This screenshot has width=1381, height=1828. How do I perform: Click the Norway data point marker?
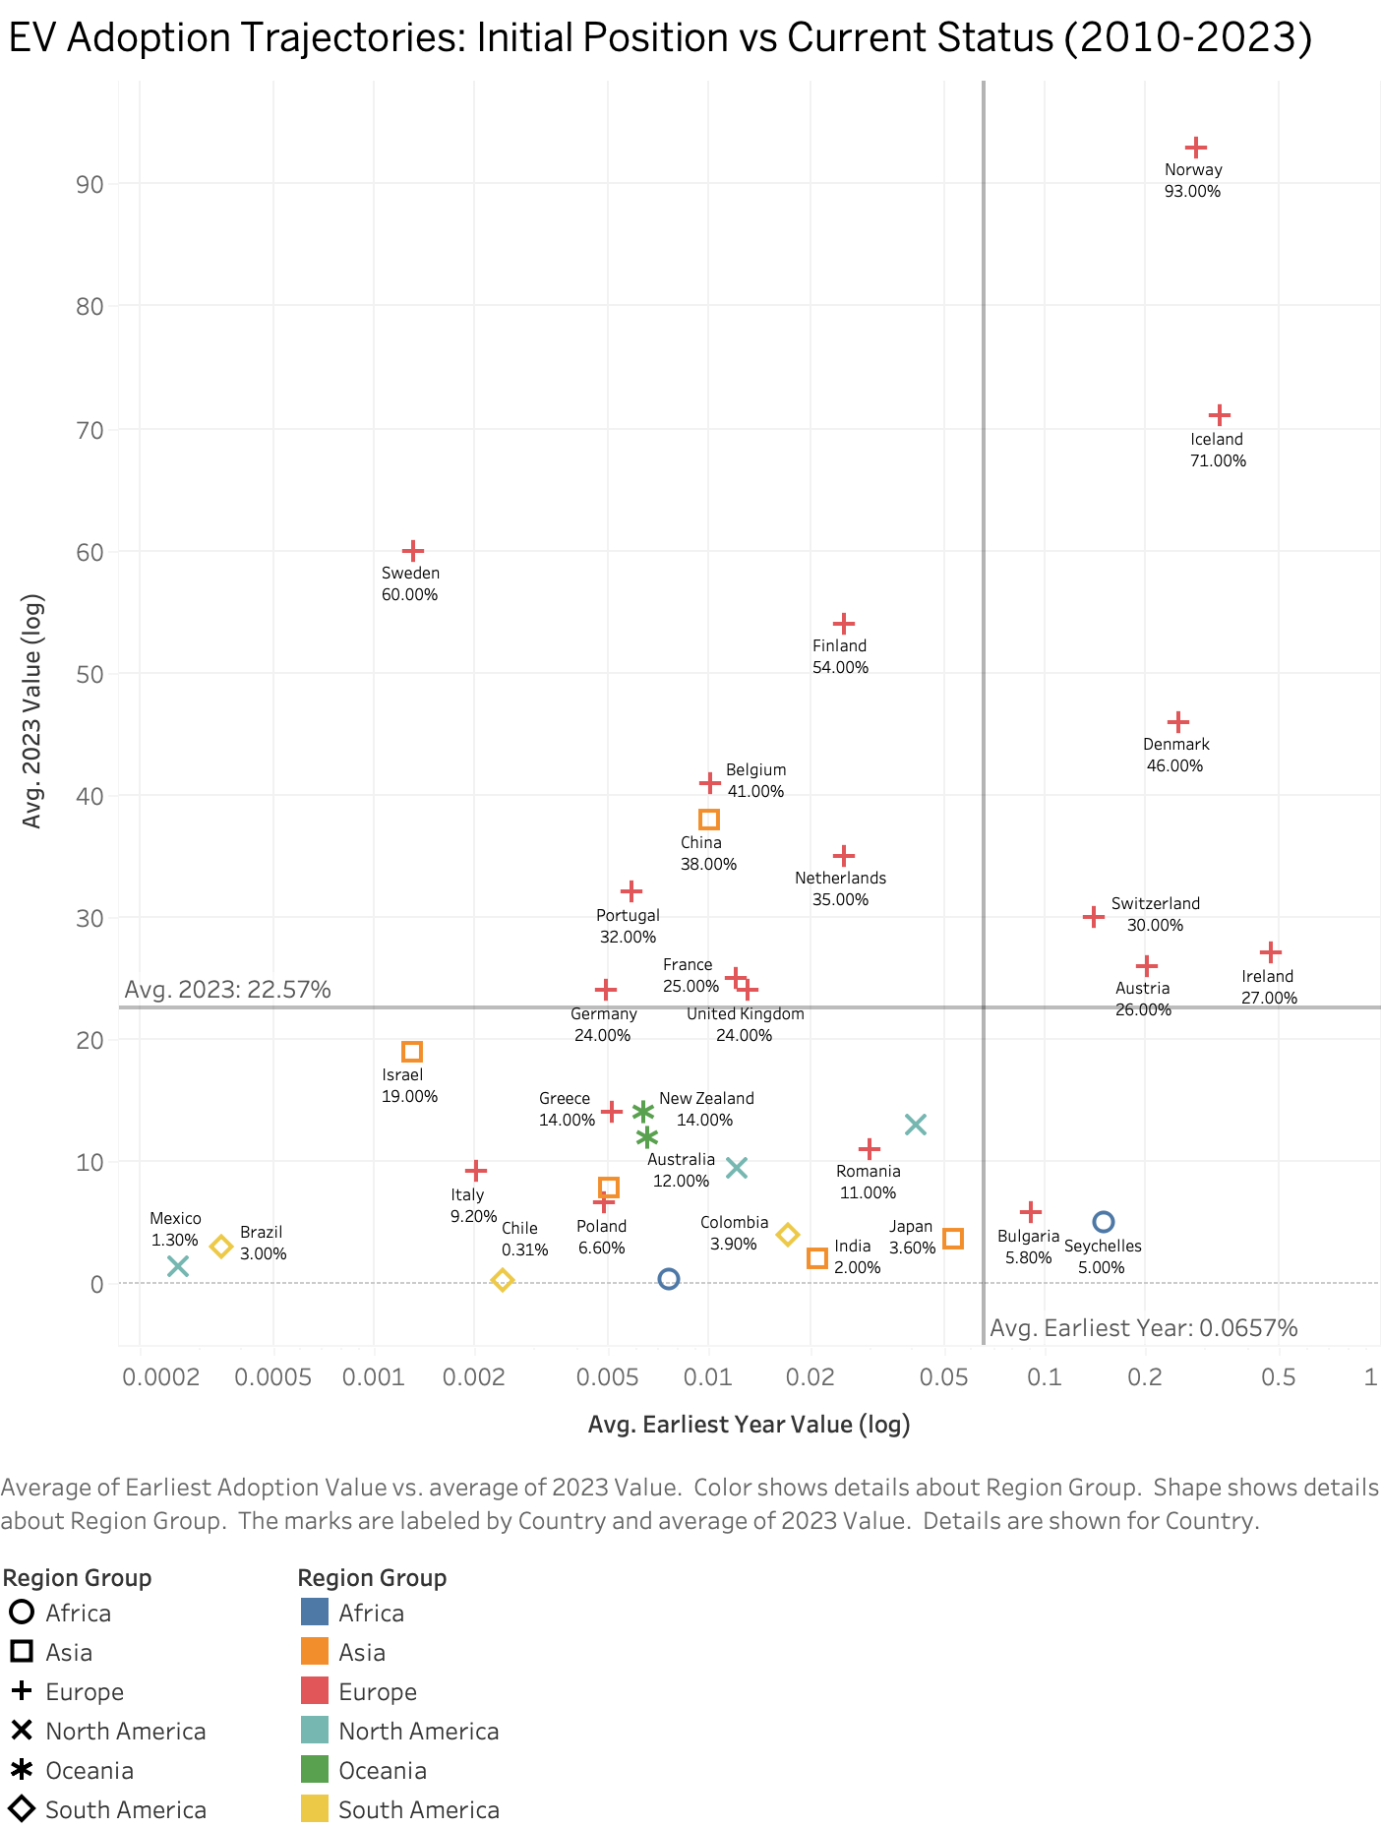point(1195,148)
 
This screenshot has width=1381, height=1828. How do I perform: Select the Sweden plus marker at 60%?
point(413,551)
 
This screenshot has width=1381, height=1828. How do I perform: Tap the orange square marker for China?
point(708,820)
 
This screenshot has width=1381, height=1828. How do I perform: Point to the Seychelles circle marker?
point(1103,1222)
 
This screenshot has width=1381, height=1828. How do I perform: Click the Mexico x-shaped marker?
point(177,1266)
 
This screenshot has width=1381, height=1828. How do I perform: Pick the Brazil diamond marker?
point(221,1247)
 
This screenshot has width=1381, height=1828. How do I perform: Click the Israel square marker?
point(412,1052)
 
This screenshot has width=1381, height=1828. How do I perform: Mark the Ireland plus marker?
point(1270,952)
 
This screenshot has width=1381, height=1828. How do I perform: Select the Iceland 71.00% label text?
point(1217,450)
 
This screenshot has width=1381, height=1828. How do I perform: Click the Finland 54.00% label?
point(839,656)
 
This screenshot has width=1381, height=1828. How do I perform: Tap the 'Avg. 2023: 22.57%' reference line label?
point(227,990)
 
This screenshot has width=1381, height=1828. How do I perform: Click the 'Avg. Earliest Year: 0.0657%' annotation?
point(1143,1328)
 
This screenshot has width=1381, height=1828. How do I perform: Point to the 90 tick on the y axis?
point(90,184)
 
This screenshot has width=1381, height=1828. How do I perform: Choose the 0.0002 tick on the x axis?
point(160,1377)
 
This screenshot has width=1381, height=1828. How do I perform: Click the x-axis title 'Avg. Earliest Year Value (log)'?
point(749,1425)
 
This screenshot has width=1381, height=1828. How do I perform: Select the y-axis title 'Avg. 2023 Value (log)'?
point(32,710)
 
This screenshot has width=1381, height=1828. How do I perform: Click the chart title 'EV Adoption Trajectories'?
point(659,37)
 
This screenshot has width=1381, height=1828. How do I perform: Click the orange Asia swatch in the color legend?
point(314,1652)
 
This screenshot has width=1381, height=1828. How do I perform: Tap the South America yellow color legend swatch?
point(314,1809)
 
